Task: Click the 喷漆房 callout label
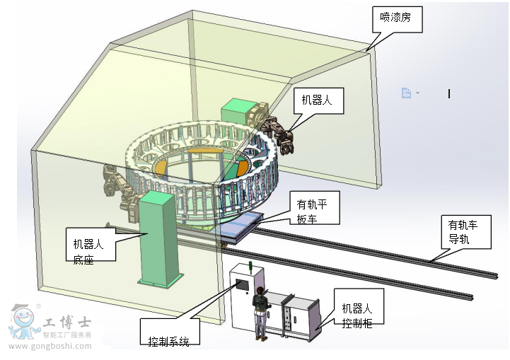[398, 19]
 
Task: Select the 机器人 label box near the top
[318, 100]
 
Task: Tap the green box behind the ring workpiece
[238, 112]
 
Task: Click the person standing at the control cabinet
[261, 312]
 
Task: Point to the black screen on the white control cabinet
[242, 285]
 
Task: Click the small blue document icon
[406, 93]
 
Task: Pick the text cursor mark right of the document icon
[449, 93]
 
